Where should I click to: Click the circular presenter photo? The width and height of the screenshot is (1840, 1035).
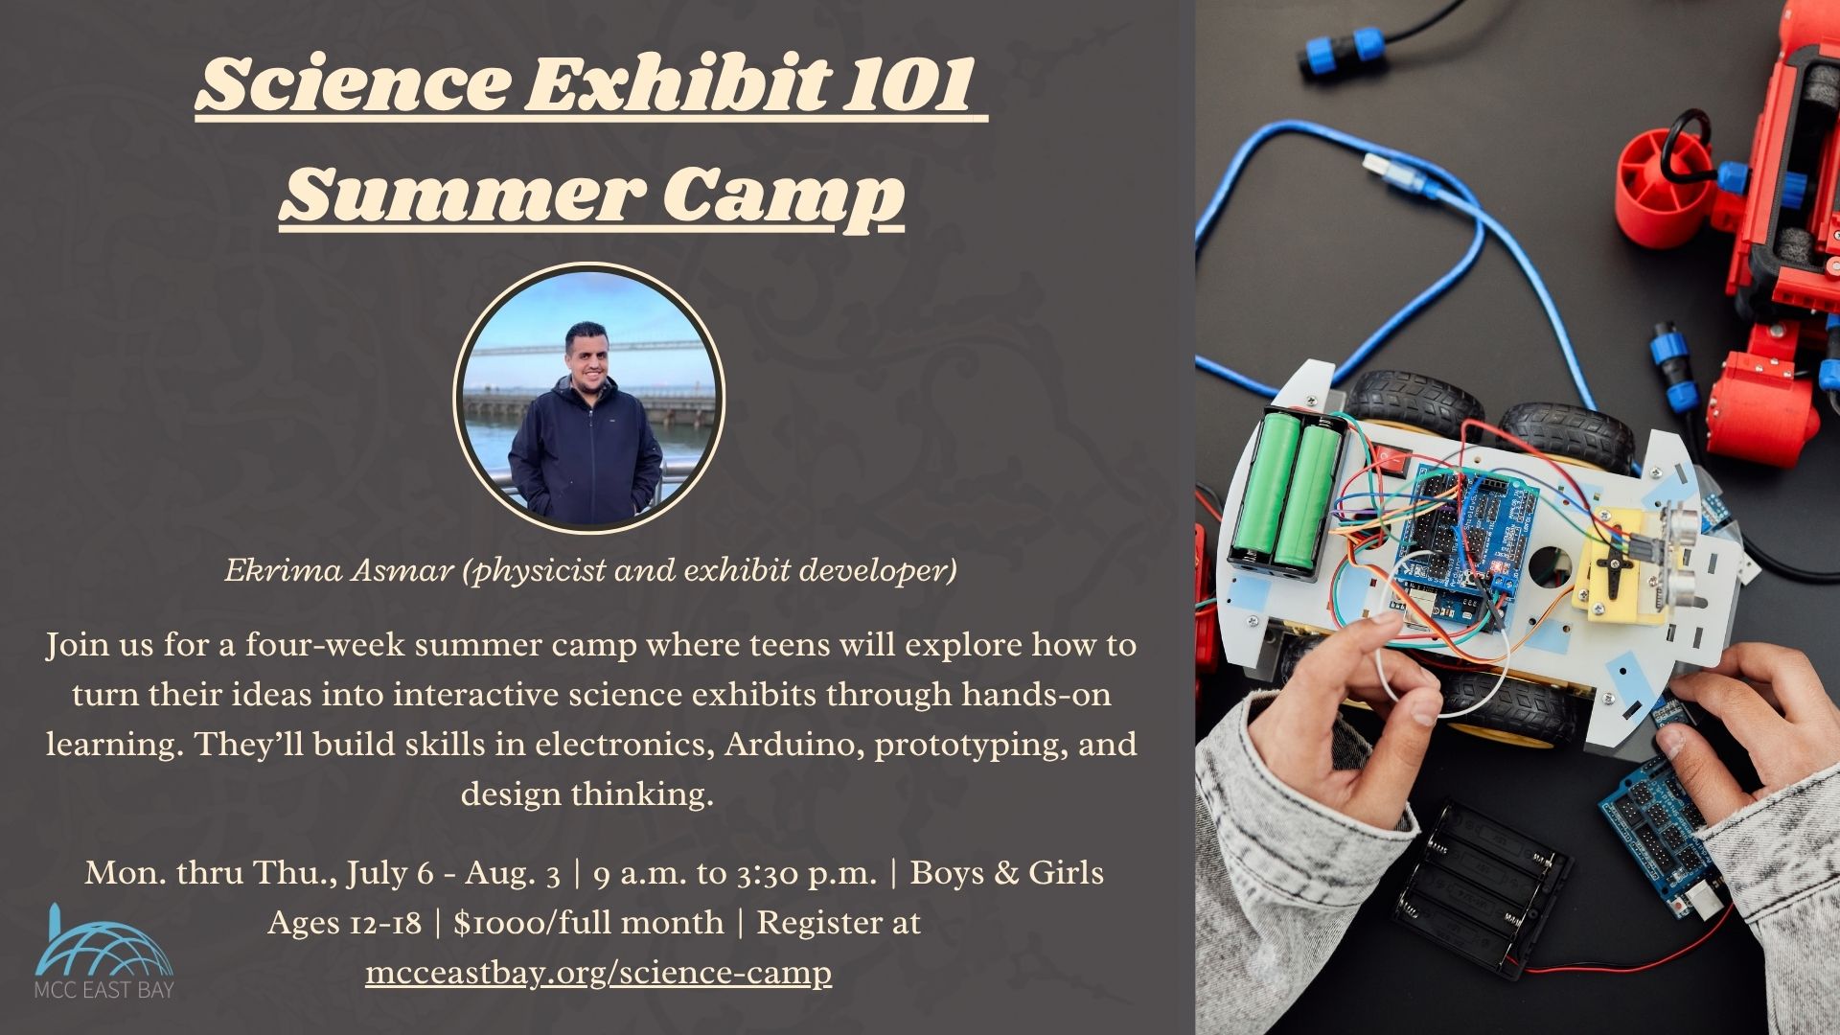588,397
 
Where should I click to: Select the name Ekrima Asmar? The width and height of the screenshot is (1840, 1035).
338,570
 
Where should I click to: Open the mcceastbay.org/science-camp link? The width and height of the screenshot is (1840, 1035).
598,973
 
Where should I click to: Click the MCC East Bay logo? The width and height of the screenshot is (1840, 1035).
103,953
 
